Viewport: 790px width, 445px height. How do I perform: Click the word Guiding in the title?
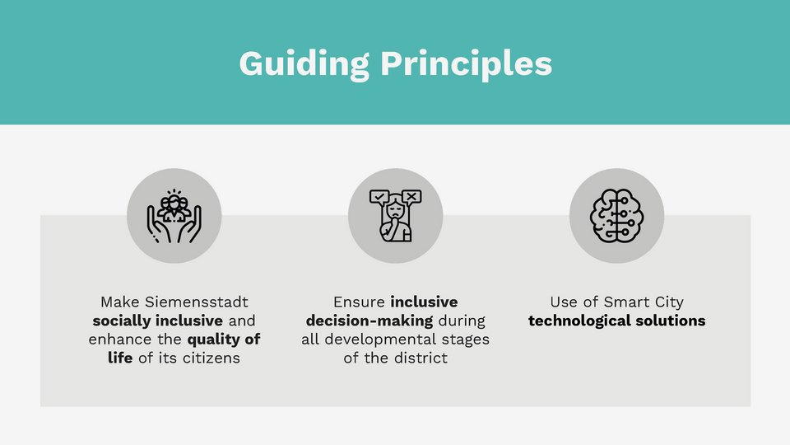[x=302, y=63]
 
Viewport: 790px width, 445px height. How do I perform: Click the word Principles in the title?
[x=467, y=63]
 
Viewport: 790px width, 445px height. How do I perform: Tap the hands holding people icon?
[x=174, y=216]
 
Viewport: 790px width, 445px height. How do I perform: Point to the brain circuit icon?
[x=616, y=216]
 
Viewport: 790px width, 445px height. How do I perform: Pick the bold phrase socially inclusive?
[x=157, y=321]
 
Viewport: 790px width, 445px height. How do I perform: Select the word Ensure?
[x=360, y=302]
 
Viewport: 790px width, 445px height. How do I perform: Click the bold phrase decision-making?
[x=369, y=321]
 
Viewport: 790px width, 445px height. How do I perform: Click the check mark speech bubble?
[x=379, y=196]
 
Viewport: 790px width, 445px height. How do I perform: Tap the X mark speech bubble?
[x=411, y=196]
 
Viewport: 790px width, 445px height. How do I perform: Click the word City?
[x=667, y=302]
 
